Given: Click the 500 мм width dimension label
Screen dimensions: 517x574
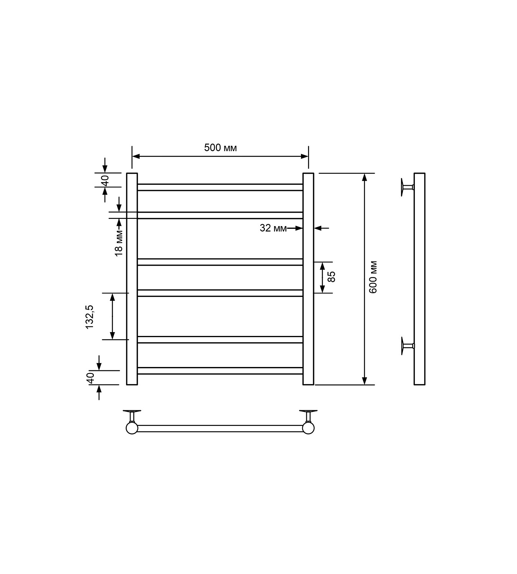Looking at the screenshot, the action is click(x=220, y=148).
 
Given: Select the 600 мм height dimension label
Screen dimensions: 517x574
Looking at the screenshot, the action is click(x=373, y=277).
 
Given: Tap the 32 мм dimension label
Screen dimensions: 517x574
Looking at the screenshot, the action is click(x=273, y=228).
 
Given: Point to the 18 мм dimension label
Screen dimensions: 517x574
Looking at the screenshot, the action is click(x=119, y=243).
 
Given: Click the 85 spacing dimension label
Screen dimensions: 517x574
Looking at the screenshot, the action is click(x=331, y=277).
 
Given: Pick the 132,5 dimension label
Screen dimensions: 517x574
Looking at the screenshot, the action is click(x=89, y=317).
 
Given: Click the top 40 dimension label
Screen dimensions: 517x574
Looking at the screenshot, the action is click(x=105, y=180).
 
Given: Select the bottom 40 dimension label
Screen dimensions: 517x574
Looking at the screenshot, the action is click(x=90, y=378).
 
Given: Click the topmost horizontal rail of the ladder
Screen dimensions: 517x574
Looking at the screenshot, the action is click(x=220, y=187).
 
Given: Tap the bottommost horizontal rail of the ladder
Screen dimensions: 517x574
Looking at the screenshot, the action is click(x=220, y=371).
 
